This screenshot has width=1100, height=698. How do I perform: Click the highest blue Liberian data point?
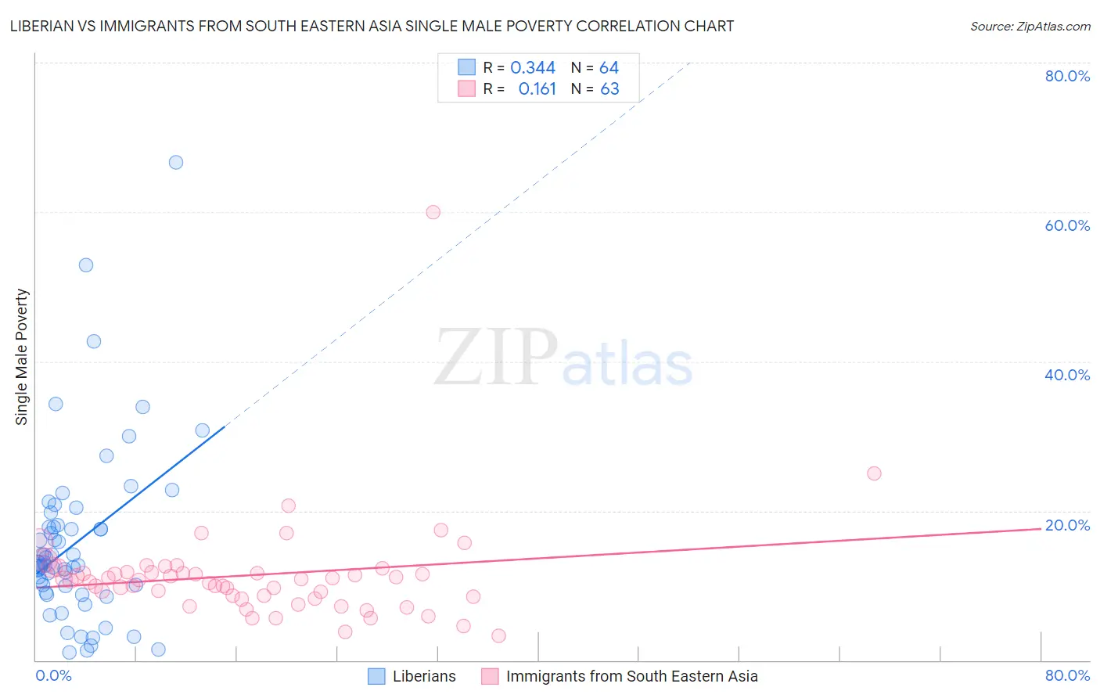pos(176,162)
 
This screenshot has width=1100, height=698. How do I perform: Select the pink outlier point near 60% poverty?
pos(433,212)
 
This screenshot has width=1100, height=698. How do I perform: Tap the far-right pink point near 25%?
pos(874,473)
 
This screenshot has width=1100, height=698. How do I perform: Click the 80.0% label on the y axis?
pos(1067,76)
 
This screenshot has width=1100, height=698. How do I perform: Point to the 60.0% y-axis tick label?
pos(1067,225)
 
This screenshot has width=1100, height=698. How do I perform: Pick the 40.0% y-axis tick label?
pos(1067,375)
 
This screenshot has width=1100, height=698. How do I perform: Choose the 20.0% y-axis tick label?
pos(1067,525)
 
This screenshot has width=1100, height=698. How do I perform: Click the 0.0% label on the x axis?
pos(53,675)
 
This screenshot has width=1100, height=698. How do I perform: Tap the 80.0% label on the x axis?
pos(1067,675)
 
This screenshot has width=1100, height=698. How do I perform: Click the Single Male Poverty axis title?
pos(22,357)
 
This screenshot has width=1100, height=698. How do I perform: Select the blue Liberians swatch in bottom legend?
pos(376,676)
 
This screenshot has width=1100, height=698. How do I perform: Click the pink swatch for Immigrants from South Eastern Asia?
pos(490,676)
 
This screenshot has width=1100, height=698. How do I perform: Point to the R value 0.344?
pos(533,68)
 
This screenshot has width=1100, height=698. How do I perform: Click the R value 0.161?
pos(537,89)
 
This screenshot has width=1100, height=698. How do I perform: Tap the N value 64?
pos(609,68)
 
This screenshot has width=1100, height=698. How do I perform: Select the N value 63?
pos(609,89)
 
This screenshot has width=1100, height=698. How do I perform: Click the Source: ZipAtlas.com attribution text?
pos(1030,27)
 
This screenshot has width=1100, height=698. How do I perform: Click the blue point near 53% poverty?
pos(86,265)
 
